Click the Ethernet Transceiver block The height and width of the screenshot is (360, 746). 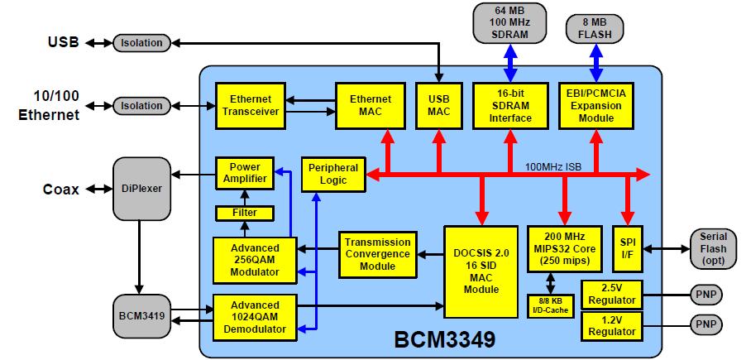[249, 105]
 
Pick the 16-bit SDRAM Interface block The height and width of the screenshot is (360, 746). [505, 105]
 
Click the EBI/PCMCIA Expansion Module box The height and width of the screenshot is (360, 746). [596, 105]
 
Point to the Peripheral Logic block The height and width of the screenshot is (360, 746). [332, 174]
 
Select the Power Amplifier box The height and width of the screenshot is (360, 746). [245, 173]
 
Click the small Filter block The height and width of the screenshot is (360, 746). [245, 213]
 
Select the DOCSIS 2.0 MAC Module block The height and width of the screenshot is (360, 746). [481, 266]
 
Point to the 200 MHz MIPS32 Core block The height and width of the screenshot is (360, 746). [562, 246]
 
